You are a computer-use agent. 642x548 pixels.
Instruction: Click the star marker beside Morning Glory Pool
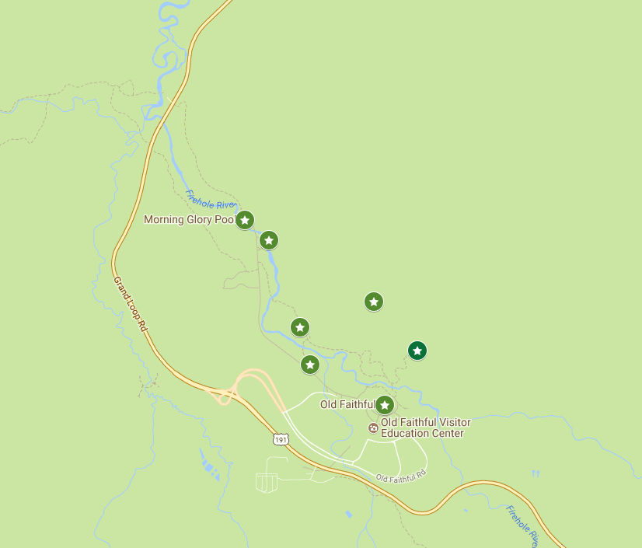pos(245,220)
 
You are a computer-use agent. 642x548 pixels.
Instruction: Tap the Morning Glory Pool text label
pos(189,220)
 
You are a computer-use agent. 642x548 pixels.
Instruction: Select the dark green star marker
pos(417,351)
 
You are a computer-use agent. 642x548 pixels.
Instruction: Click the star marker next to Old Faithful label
pos(384,405)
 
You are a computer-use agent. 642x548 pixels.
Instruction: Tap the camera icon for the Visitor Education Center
pos(373,428)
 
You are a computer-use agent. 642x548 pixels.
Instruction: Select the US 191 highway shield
pos(281,440)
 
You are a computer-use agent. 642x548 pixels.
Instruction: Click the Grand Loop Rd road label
pos(130,305)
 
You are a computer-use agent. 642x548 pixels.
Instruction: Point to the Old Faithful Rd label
pos(401,476)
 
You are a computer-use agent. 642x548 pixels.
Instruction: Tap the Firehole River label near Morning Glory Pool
pos(211,199)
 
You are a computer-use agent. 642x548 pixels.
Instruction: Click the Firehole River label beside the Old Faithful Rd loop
pos(522,525)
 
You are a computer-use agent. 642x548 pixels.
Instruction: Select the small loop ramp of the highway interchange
pos(225,398)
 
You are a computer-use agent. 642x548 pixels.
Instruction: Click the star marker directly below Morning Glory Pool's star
pos(269,240)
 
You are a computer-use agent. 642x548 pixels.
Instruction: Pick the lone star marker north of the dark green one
pos(374,302)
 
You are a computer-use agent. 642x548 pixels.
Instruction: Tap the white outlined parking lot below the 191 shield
pos(267,482)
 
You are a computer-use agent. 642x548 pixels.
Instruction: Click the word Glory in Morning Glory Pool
pos(200,220)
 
